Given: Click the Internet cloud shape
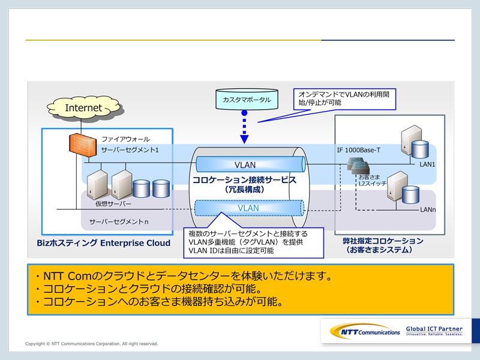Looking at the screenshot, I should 83,108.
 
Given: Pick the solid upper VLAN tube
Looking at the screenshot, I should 245,165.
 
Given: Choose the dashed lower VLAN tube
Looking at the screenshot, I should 248,208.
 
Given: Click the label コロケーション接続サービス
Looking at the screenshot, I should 244,180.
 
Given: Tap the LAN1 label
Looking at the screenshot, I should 427,164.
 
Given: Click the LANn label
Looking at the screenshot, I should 428,209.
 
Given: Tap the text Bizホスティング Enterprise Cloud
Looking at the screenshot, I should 104,243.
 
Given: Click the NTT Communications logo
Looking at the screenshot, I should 365,331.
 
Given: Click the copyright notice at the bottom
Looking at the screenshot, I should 92,344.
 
